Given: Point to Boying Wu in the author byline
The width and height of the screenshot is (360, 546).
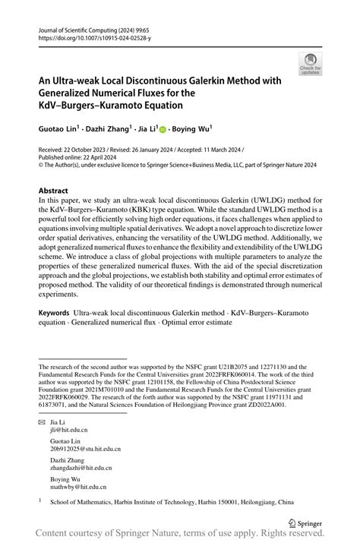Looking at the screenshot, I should [x=191, y=130].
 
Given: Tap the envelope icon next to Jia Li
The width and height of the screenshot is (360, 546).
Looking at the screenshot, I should [x=42, y=420].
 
